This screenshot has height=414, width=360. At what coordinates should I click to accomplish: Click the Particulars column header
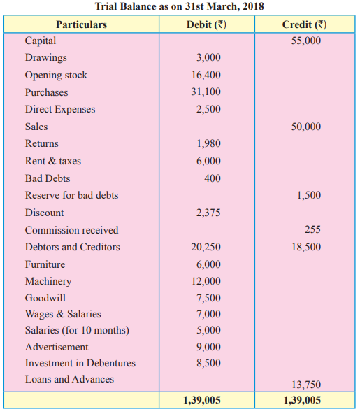point(81,24)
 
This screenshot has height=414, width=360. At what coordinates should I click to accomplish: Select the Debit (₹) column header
point(206,24)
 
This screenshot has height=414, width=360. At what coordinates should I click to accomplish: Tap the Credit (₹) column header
point(304,24)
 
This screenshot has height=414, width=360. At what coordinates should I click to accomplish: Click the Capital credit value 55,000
point(306,41)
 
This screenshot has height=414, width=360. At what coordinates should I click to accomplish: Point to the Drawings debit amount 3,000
point(208,57)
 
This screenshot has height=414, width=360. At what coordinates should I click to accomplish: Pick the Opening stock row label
point(56,75)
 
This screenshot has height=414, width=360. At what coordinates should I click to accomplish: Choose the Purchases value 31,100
point(206,92)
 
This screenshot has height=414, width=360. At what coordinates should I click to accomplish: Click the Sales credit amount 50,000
point(306,127)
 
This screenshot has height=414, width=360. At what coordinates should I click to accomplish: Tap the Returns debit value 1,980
point(208,143)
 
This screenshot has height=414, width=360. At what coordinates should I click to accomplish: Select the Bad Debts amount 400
point(213,178)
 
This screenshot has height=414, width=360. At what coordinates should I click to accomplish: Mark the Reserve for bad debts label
point(71,195)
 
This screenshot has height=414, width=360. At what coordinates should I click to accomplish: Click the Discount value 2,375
point(208,213)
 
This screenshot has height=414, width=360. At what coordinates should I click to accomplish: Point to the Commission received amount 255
point(312,229)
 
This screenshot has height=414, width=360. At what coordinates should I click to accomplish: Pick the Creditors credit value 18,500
point(306,247)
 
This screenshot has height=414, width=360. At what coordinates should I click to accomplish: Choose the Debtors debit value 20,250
point(206,247)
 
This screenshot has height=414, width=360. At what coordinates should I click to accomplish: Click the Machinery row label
point(48,281)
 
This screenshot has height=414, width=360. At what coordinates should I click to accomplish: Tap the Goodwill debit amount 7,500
point(208,298)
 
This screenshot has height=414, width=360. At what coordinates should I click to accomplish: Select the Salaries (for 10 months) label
point(77,331)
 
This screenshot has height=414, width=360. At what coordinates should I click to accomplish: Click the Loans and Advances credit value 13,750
point(306,385)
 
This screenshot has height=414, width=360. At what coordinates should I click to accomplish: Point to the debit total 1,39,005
point(202,400)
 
